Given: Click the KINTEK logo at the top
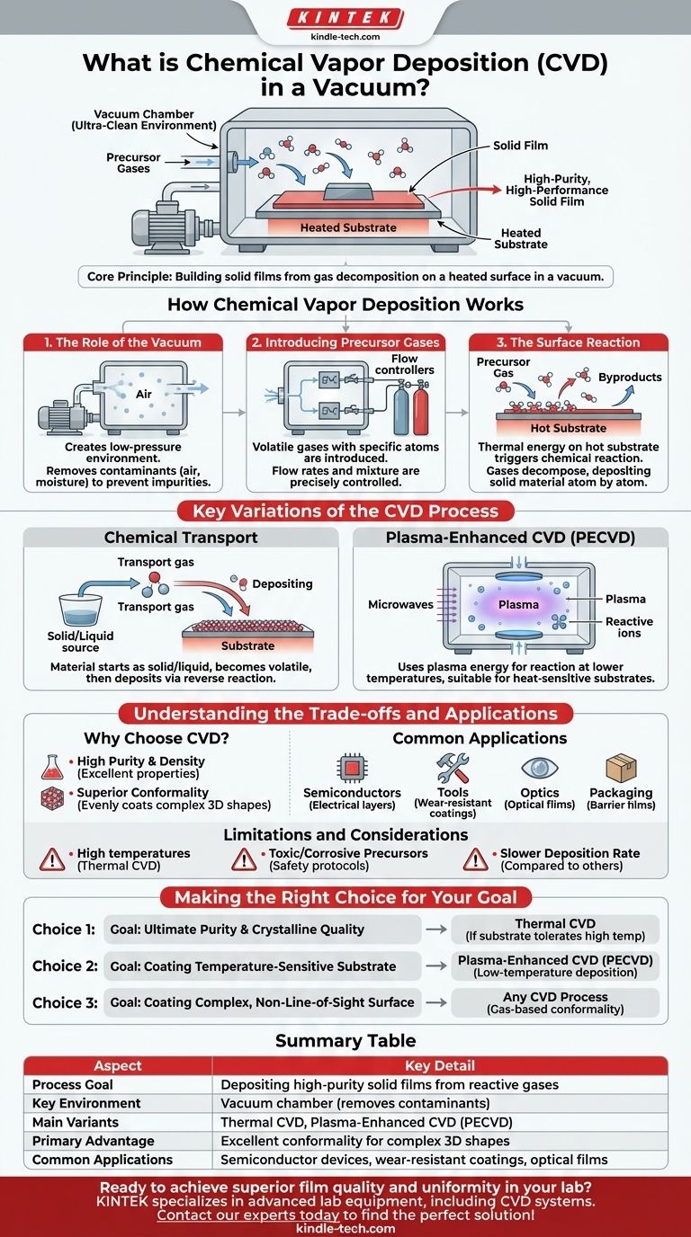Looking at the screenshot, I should [345, 18].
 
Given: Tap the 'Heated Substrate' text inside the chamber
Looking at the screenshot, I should [348, 227].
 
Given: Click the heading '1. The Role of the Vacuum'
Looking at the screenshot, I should [124, 343].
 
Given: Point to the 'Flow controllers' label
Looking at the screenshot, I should [404, 364].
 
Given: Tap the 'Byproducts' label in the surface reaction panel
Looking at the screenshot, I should [630, 378].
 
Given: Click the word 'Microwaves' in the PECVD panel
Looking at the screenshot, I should [401, 605].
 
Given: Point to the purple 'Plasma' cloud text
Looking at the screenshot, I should [518, 604].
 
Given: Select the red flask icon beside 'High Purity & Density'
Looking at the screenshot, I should [53, 767].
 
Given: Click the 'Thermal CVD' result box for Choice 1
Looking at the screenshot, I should [555, 930].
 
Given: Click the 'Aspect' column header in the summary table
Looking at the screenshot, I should [118, 1065].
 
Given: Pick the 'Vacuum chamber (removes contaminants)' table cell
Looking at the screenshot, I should [354, 1103].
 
